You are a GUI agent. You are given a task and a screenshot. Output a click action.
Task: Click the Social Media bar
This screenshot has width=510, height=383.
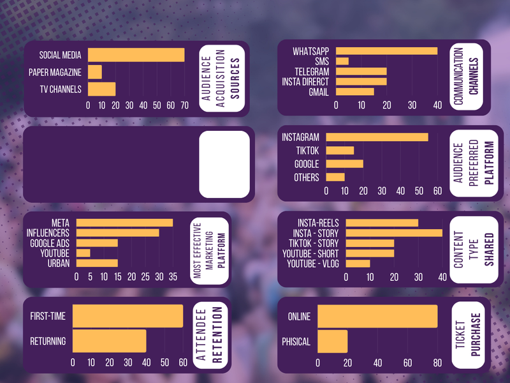[x=136, y=56]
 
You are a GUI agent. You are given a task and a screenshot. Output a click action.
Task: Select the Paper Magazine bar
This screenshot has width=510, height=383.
[x=95, y=72]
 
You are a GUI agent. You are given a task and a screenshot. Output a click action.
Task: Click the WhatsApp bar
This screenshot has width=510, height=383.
[x=386, y=51]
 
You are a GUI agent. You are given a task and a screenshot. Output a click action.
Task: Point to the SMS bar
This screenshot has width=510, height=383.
[x=342, y=61]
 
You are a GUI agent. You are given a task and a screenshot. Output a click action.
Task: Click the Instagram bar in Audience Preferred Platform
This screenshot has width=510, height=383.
[x=377, y=137]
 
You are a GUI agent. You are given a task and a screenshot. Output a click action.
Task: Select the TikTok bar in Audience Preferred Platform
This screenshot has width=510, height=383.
[x=340, y=151]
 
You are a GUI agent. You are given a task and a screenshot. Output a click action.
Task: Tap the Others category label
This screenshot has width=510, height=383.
[x=307, y=177]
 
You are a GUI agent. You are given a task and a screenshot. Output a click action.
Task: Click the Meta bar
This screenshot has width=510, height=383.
[x=124, y=223]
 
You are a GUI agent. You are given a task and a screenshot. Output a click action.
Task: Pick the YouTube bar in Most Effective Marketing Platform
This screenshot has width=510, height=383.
[x=84, y=253]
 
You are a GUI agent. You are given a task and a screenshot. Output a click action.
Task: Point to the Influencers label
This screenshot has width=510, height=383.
[x=48, y=233]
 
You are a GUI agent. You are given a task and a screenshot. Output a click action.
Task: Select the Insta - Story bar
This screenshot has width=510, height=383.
[x=394, y=233]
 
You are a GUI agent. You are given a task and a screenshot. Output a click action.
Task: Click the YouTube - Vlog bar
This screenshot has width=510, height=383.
[x=358, y=264]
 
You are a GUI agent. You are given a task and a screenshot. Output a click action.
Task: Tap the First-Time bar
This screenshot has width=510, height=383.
[x=127, y=317]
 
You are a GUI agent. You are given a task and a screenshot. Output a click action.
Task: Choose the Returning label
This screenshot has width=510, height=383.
[x=48, y=342]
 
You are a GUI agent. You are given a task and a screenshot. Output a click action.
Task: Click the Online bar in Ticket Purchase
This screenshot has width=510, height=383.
[x=377, y=317]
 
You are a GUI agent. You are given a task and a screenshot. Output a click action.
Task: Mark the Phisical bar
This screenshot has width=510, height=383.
[x=333, y=342]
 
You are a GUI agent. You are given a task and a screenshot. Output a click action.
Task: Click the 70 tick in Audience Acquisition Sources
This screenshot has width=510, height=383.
[x=184, y=105]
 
